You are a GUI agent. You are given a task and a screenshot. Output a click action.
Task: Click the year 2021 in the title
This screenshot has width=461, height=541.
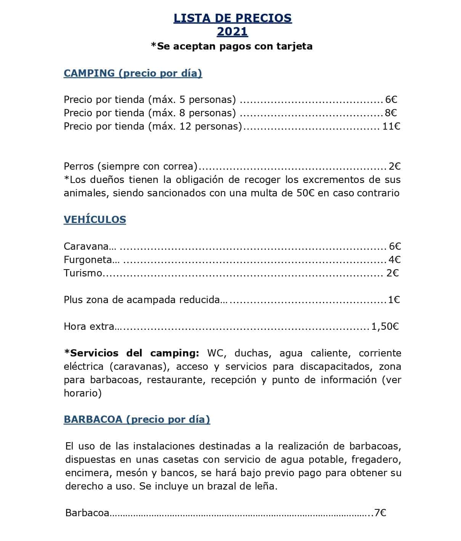(x=232, y=31)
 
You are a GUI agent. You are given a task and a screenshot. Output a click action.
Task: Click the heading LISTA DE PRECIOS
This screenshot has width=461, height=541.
(x=233, y=18)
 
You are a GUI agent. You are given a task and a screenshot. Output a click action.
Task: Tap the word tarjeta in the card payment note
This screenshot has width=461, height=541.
(x=296, y=46)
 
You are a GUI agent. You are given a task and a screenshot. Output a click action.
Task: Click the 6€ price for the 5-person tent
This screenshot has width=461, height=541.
(x=391, y=100)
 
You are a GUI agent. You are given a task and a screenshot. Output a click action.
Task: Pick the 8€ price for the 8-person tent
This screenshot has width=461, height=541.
(x=391, y=113)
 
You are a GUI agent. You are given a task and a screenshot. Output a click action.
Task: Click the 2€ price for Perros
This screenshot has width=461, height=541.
(x=395, y=166)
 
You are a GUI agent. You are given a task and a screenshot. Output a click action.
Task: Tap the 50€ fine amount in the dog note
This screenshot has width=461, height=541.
(x=305, y=193)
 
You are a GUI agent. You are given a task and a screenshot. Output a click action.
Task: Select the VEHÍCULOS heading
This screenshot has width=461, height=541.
(x=95, y=220)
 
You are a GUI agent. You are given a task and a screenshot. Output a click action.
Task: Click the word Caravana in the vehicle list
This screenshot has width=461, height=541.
(x=86, y=246)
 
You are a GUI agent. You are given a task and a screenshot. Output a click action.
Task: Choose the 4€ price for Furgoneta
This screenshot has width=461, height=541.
(x=395, y=260)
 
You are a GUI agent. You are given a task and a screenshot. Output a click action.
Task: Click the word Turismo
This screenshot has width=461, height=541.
(x=83, y=273)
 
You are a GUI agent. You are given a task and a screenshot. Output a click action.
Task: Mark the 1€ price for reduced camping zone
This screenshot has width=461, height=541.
(x=394, y=300)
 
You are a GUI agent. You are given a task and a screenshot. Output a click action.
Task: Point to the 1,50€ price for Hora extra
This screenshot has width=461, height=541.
(x=385, y=326)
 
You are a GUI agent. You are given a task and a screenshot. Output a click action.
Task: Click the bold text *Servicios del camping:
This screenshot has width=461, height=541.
(x=132, y=353)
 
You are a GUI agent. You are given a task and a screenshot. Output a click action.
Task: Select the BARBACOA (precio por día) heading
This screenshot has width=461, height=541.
(x=137, y=419)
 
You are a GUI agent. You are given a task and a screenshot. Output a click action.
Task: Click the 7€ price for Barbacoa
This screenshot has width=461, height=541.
(x=380, y=513)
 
